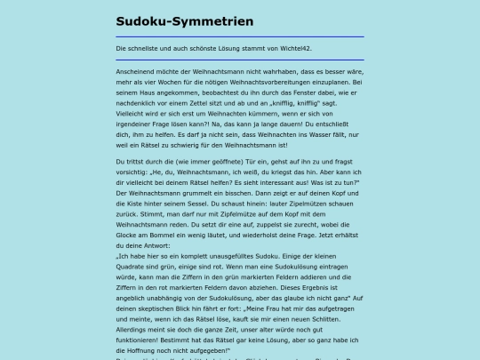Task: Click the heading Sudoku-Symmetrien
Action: [x=184, y=20]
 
